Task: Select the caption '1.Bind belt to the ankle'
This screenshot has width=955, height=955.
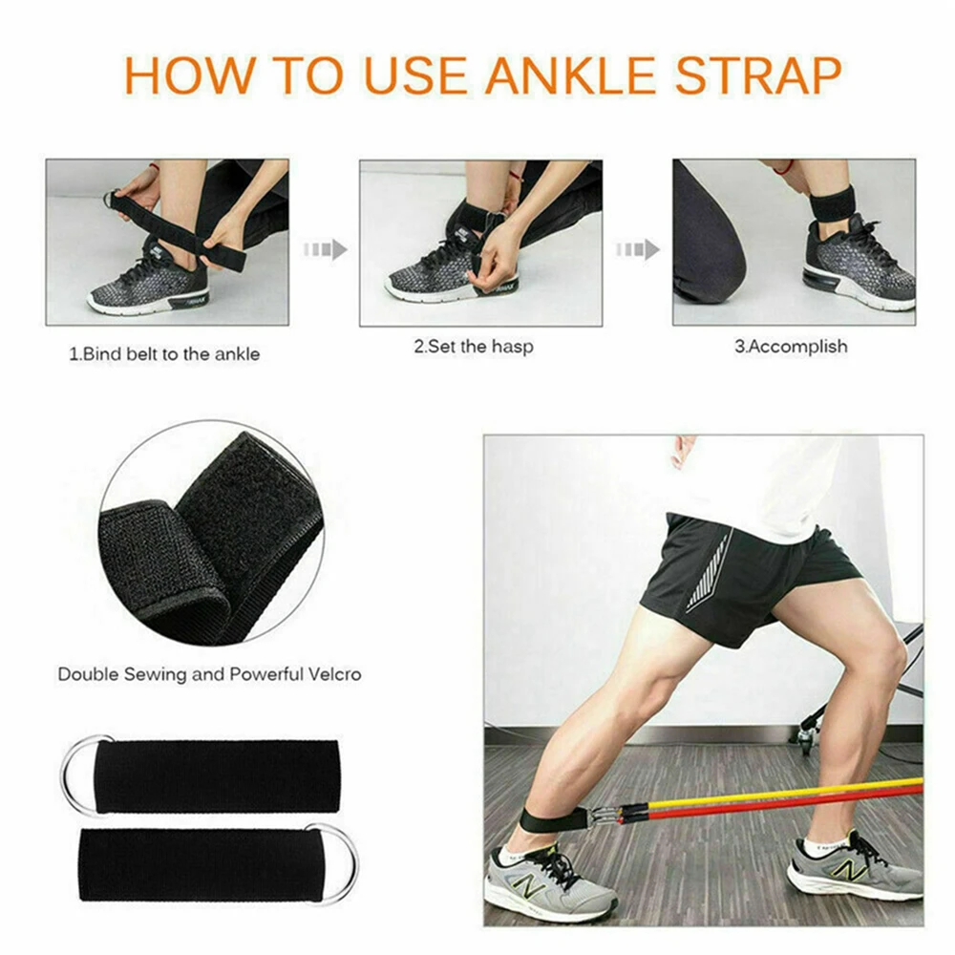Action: pos(164,354)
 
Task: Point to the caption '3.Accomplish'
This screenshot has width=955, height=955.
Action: pos(790,347)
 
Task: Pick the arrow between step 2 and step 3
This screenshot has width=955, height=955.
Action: pos(638,250)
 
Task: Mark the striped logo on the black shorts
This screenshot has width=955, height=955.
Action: pos(709,573)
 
